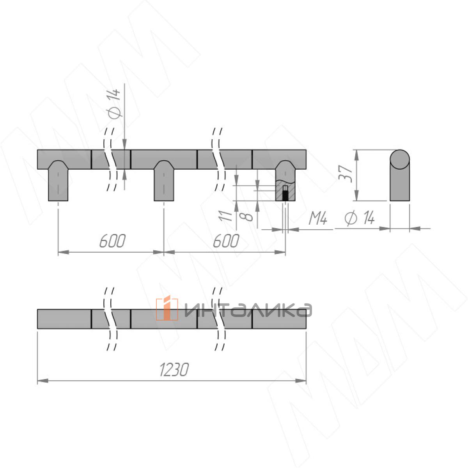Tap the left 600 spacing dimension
pyautogui.click(x=112, y=241)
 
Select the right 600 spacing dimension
pyautogui.click(x=226, y=241)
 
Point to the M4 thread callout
pyautogui.click(x=318, y=218)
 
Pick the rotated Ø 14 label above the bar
pyautogui.click(x=114, y=104)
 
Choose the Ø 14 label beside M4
pyautogui.click(x=360, y=218)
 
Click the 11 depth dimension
pyautogui.click(x=225, y=216)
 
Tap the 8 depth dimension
pyautogui.click(x=246, y=216)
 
